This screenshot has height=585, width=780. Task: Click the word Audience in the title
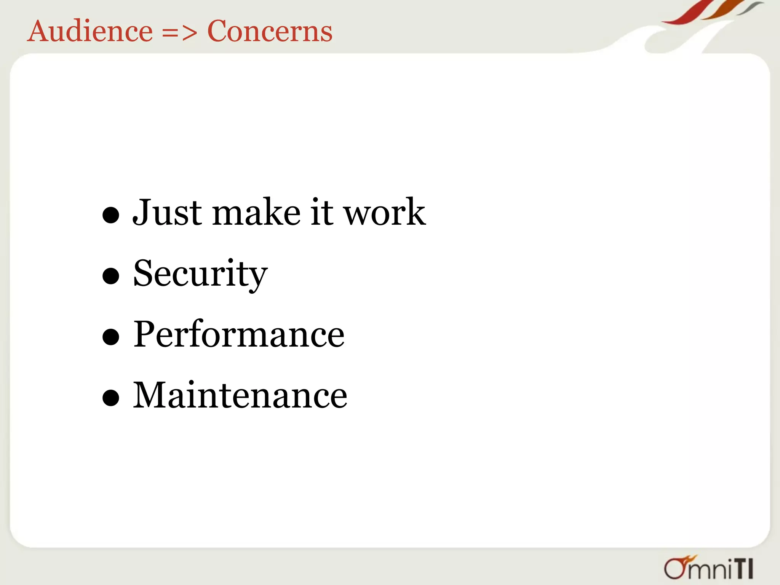90,31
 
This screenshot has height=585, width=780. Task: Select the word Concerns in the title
270,31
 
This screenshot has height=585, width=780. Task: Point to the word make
256,213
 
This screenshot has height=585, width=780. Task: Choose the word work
385,213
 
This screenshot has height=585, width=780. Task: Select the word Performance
239,334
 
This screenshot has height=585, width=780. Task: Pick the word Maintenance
240,395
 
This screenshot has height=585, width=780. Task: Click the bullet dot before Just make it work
111,215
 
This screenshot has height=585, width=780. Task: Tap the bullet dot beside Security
111,276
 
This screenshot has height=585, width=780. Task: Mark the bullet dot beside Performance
111,337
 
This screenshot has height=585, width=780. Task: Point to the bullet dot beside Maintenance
111,398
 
